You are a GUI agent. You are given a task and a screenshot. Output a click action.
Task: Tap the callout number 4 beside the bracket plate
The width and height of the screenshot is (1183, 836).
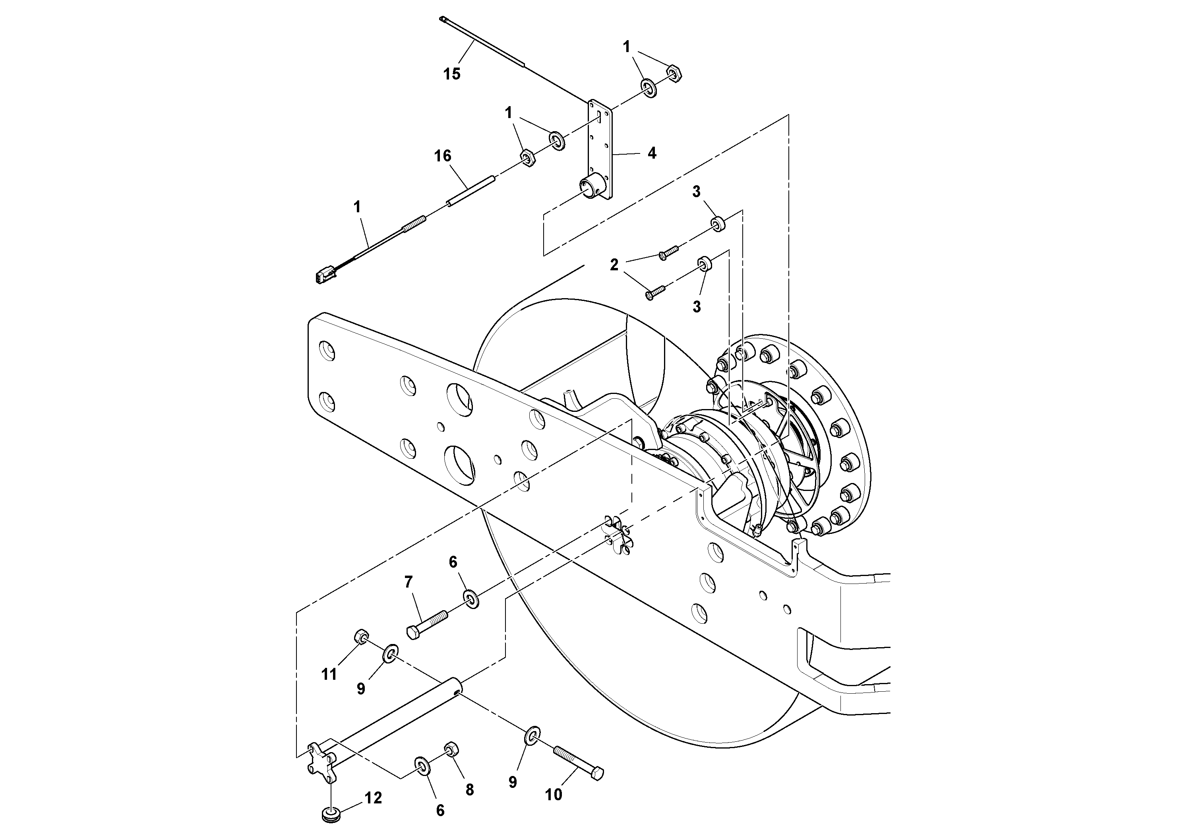tap(652, 153)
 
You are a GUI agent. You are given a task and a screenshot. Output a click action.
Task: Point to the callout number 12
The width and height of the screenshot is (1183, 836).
tap(373, 798)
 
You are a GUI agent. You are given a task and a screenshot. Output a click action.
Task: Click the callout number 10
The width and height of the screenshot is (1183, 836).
tap(554, 795)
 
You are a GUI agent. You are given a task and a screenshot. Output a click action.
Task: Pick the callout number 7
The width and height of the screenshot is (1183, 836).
tap(408, 582)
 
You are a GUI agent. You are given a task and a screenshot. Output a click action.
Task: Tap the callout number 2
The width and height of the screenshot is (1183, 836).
tap(614, 265)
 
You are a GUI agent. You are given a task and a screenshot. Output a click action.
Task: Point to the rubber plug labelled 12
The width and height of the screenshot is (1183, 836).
tap(328, 815)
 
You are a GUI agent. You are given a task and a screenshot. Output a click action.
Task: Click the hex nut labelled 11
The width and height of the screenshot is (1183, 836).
tap(361, 637)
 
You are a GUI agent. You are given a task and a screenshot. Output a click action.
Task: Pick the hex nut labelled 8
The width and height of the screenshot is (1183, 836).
tap(451, 749)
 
